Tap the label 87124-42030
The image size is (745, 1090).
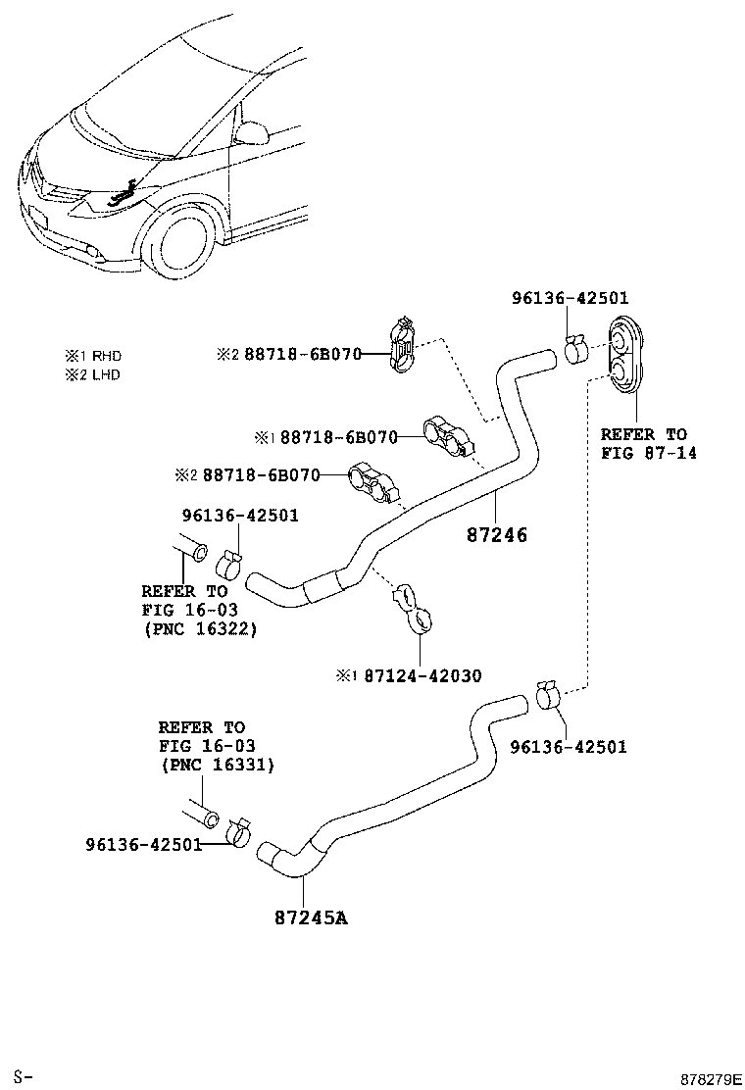pos(422,675)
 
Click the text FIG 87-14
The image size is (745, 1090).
pos(648,453)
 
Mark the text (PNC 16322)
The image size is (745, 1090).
pos(200,628)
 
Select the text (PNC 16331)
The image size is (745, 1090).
pos(218,765)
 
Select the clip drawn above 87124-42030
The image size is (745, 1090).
pos(413,606)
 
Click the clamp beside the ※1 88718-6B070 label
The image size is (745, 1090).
pos(447,437)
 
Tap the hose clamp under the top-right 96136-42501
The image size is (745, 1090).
pos(577,348)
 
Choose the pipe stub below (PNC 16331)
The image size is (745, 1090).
pos(198,816)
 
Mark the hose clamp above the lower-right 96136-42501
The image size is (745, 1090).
pos(548,696)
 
